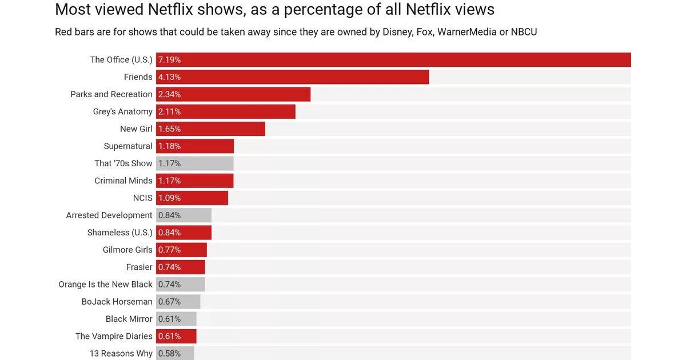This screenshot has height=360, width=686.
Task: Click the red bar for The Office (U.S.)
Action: [393, 60]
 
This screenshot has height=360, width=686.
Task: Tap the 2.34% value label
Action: [169, 94]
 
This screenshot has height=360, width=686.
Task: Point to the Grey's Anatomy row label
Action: [122, 111]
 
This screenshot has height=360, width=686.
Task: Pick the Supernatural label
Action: [128, 146]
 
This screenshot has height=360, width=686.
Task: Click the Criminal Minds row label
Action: [123, 181]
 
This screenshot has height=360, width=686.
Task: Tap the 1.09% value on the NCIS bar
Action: [169, 198]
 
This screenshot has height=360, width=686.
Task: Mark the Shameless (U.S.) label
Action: [119, 233]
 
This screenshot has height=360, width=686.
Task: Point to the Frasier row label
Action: [139, 267]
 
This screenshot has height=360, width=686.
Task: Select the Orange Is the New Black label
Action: [105, 284]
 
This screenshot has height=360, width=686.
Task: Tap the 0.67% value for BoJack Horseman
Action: [169, 302]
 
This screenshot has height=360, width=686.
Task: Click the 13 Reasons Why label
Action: [121, 353]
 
